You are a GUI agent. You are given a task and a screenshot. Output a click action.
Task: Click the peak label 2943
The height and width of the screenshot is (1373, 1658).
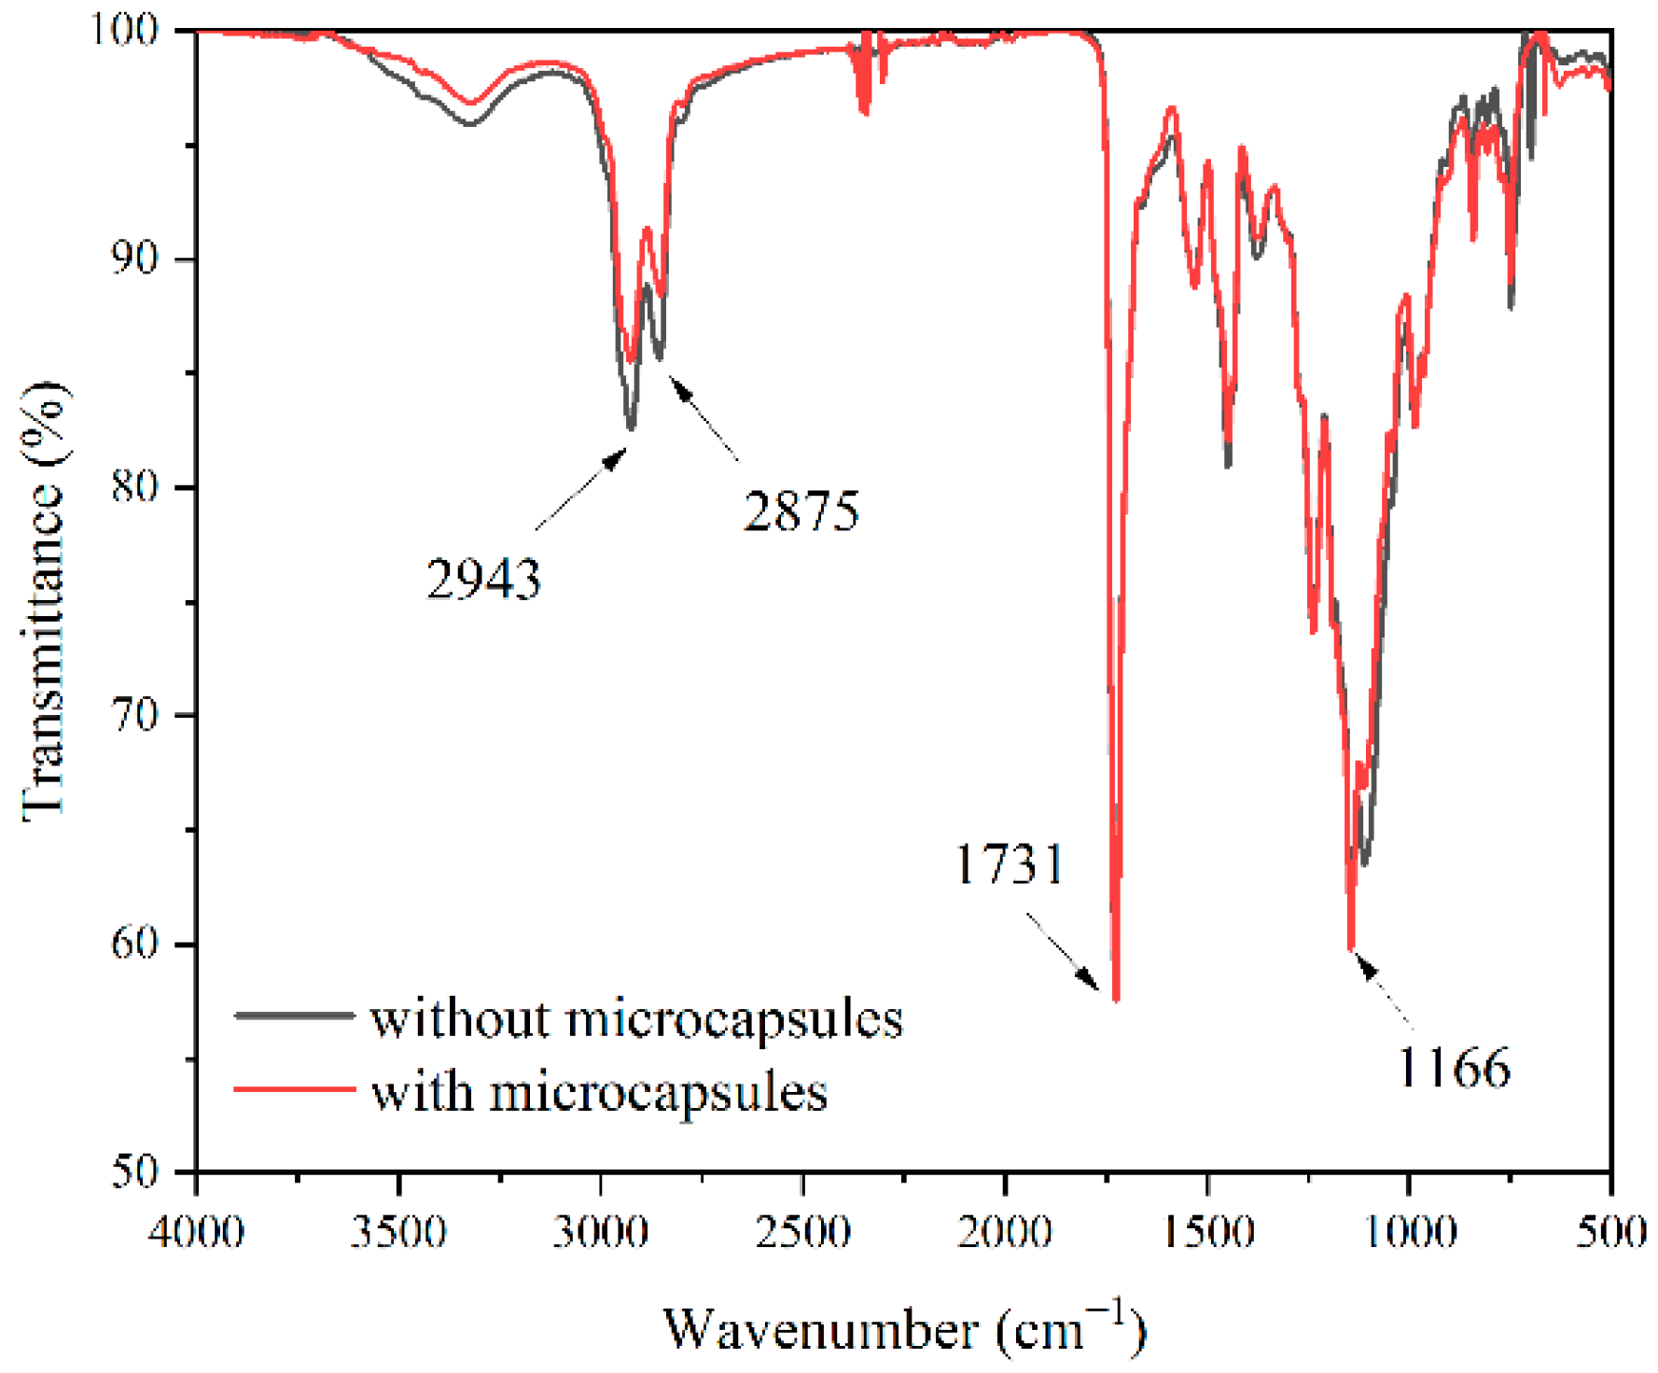(483, 579)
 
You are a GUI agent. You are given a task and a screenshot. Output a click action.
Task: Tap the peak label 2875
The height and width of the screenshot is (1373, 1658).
(801, 511)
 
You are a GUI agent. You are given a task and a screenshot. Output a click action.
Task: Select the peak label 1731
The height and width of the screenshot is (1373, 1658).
(1010, 864)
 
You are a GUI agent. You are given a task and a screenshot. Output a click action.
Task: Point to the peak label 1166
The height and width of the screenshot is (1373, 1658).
(1454, 1067)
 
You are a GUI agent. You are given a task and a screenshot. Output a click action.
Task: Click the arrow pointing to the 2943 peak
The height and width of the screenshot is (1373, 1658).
(581, 489)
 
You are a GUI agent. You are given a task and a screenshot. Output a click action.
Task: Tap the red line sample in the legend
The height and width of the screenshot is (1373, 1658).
(294, 1088)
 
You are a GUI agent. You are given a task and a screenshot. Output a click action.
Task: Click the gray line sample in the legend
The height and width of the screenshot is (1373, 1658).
(294, 1015)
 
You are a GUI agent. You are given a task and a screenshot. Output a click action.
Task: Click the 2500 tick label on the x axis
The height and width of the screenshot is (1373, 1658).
(803, 1232)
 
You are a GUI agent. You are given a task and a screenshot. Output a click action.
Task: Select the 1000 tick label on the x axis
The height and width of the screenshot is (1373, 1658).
(1410, 1232)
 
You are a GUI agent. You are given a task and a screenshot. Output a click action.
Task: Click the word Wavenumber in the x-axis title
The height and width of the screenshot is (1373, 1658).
(821, 1329)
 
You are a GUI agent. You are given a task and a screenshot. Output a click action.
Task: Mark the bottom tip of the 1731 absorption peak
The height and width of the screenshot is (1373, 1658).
(1116, 999)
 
